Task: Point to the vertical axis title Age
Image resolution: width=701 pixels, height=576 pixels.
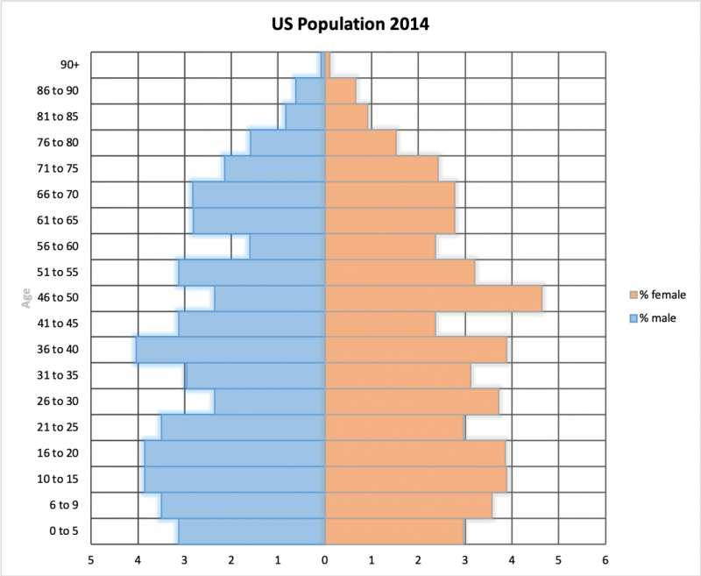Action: click(26, 298)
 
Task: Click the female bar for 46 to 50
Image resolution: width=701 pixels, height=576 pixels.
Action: click(434, 298)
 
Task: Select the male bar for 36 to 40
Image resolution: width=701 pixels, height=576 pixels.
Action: click(230, 350)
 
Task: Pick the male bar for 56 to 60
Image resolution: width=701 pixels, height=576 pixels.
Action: click(287, 246)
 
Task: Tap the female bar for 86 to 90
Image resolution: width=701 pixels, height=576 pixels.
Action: click(340, 91)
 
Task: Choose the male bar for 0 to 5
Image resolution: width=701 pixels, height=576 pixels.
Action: click(251, 531)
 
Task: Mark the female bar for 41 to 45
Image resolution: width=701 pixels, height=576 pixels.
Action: click(380, 324)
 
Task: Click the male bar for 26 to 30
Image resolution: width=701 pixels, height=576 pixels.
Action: click(270, 402)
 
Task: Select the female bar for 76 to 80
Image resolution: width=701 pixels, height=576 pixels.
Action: click(360, 143)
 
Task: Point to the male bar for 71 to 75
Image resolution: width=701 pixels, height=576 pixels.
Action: click(274, 168)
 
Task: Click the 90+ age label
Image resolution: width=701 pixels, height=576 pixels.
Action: click(69, 65)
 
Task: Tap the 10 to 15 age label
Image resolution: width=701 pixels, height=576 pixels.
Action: click(59, 480)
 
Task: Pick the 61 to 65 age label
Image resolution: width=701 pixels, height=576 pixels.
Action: click(59, 221)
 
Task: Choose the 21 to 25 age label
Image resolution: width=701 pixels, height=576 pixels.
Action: click(59, 428)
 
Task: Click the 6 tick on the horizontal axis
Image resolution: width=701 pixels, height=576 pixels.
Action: click(605, 558)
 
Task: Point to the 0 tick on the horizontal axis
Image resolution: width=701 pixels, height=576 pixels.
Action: click(325, 558)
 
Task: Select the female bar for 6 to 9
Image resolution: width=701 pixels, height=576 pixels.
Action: click(408, 505)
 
